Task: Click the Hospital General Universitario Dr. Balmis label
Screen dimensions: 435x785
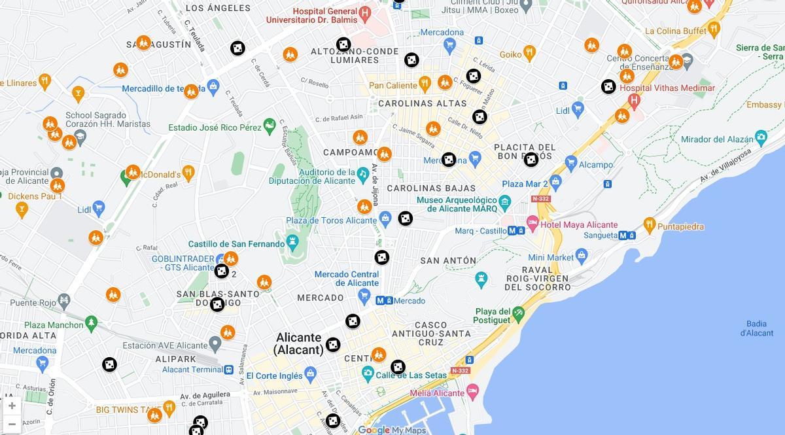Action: pyautogui.click(x=312, y=16)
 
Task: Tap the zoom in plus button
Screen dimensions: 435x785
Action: pyautogui.click(x=12, y=406)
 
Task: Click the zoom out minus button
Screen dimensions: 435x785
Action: pyautogui.click(x=12, y=424)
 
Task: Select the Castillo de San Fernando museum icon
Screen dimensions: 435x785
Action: pyautogui.click(x=292, y=243)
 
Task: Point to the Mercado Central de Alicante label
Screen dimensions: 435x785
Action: pyautogui.click(x=347, y=279)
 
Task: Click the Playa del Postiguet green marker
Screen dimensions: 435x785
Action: pyautogui.click(x=519, y=312)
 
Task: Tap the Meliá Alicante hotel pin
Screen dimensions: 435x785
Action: pyautogui.click(x=472, y=392)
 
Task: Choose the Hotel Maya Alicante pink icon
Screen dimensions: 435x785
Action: pyautogui.click(x=532, y=224)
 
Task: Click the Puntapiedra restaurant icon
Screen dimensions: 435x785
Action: pyautogui.click(x=649, y=225)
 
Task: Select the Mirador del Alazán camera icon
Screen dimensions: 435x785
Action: pyautogui.click(x=760, y=138)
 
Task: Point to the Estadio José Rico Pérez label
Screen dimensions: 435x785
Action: pyautogui.click(x=215, y=128)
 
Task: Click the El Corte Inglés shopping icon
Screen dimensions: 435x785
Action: pyautogui.click(x=310, y=375)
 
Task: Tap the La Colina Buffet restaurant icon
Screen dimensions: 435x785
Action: pyautogui.click(x=714, y=29)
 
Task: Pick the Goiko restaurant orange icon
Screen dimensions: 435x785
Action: pyautogui.click(x=529, y=53)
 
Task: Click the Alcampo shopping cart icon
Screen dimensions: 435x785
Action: pyautogui.click(x=570, y=164)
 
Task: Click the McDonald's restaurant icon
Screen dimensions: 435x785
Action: pyautogui.click(x=188, y=173)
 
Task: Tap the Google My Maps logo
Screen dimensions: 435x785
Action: pyautogui.click(x=392, y=430)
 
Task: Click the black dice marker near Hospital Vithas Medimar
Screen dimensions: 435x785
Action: pyautogui.click(x=608, y=86)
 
